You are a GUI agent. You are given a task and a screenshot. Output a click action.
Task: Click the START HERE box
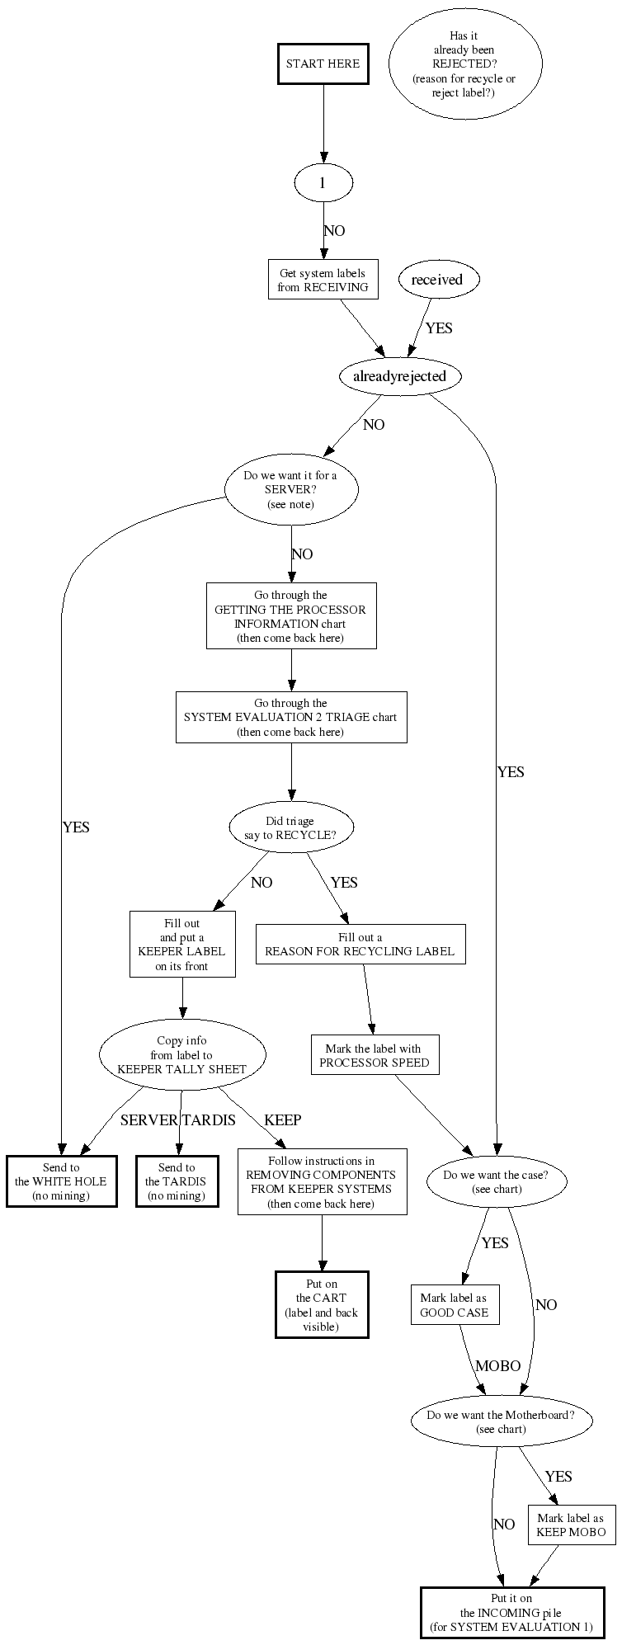pyautogui.click(x=323, y=64)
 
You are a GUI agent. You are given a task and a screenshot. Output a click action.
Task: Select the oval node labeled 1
pyautogui.click(x=323, y=182)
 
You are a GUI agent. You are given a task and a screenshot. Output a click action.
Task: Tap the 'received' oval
pyautogui.click(x=437, y=280)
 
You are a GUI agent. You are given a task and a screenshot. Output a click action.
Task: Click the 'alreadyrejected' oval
pyautogui.click(x=399, y=376)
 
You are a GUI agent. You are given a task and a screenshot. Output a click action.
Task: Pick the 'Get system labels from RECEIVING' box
pyautogui.click(x=323, y=280)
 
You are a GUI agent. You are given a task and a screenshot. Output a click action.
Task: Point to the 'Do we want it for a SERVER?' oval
pyautogui.click(x=290, y=490)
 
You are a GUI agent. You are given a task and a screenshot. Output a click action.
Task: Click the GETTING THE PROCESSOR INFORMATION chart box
pyautogui.click(x=290, y=616)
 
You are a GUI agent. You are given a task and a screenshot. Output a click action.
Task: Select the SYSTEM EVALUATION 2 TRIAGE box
pyautogui.click(x=290, y=717)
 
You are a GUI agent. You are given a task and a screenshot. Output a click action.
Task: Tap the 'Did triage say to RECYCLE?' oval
pyautogui.click(x=290, y=827)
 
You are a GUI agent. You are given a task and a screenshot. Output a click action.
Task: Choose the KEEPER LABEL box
pyautogui.click(x=182, y=944)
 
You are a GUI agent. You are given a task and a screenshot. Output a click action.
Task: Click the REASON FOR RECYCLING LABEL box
pyautogui.click(x=360, y=944)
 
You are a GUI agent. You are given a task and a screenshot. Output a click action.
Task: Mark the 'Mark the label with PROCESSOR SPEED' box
pyautogui.click(x=375, y=1055)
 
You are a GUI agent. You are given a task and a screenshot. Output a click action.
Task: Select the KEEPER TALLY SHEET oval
pyautogui.click(x=182, y=1055)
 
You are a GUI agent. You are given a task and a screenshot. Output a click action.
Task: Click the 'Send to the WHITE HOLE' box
pyautogui.click(x=61, y=1181)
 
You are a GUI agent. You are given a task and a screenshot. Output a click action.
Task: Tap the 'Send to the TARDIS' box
pyautogui.click(x=177, y=1181)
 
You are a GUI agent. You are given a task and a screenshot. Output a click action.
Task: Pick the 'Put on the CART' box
pyautogui.click(x=322, y=1304)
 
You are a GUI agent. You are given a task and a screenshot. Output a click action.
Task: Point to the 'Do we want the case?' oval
pyautogui.click(x=497, y=1181)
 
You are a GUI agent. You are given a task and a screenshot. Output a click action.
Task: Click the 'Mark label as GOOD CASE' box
pyautogui.click(x=455, y=1304)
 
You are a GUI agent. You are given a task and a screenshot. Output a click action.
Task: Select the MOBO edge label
pyautogui.click(x=497, y=1366)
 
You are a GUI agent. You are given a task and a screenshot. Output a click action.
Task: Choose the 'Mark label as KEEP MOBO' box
pyautogui.click(x=571, y=1525)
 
